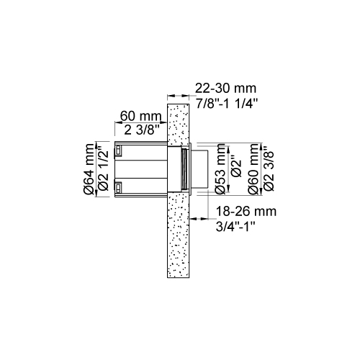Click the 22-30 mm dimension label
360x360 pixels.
coord(225,89)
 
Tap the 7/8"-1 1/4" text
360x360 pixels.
coord(227,104)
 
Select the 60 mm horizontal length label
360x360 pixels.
coord(140,116)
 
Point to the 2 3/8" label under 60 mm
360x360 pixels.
coord(142,130)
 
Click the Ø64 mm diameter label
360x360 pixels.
coord(88,169)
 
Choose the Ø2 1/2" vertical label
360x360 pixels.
coord(104,170)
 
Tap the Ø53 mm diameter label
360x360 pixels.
coord(220,169)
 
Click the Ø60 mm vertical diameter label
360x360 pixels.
coord(253,169)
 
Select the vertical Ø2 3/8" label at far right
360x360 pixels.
coord(269,169)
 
